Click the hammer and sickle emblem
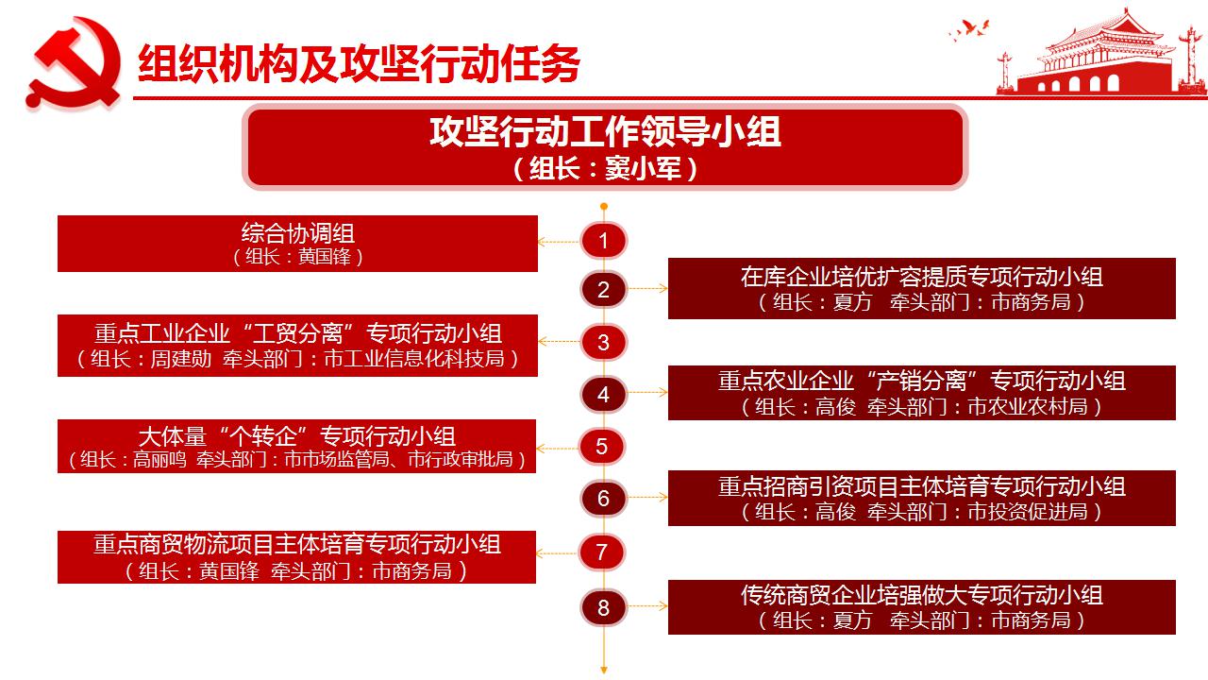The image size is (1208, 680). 73,63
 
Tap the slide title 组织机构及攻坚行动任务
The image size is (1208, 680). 359,63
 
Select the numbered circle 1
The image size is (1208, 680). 603,241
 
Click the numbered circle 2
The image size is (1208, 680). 603,290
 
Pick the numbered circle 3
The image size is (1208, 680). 603,342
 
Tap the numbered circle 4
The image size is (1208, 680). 603,394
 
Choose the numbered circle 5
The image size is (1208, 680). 602,447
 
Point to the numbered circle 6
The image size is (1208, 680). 603,498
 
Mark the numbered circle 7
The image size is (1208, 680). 602,552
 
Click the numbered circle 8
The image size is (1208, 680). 603,607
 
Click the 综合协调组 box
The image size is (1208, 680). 297,244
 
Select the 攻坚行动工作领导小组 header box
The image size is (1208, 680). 605,146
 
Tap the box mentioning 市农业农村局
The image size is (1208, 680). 922,393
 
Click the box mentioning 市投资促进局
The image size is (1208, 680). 922,498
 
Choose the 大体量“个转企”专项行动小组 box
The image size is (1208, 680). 297,447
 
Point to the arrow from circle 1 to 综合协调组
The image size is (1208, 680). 559,242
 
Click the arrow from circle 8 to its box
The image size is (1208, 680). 647,606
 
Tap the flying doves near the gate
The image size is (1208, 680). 969,29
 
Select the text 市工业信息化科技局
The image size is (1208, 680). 414,358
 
